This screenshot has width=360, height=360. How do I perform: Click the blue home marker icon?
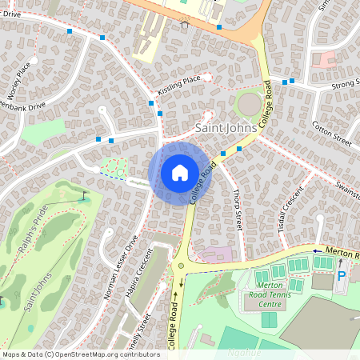point(179,172)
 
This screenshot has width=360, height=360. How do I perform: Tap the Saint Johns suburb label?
point(226,128)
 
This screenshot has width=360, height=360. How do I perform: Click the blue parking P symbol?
point(342,276)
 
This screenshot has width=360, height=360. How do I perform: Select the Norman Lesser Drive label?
point(122,267)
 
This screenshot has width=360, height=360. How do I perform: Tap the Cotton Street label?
point(332,132)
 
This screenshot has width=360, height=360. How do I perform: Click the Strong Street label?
point(341,82)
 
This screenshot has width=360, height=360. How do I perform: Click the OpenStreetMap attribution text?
point(81,354)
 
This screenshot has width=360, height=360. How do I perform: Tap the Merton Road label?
point(341,252)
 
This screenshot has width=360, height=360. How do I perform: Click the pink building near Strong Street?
point(324,58)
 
